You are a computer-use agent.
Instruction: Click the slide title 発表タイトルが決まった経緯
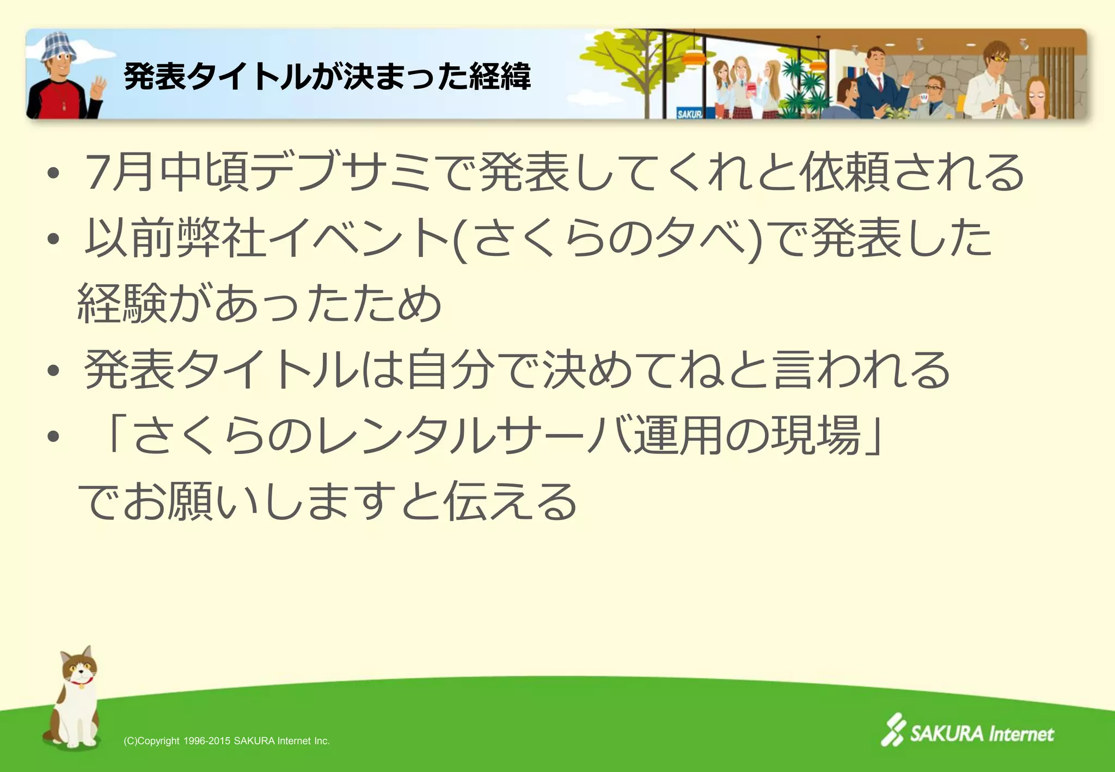click(327, 76)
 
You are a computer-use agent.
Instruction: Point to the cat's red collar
click(81, 681)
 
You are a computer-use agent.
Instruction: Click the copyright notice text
click(226, 741)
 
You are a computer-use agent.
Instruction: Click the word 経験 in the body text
click(122, 304)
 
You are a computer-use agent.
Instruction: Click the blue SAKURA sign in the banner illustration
click(689, 113)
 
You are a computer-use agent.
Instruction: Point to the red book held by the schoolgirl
click(753, 90)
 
